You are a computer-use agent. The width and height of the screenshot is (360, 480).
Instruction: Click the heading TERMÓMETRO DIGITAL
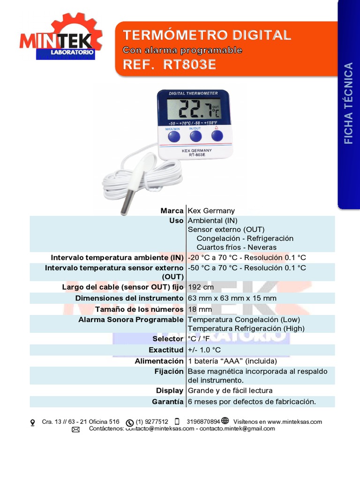pos(207,35)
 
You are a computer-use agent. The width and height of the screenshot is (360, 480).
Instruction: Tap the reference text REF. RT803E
pos(169,65)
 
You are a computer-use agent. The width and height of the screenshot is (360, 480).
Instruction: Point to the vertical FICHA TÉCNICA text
pos(348,103)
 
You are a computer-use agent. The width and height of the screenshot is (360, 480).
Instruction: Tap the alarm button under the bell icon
pos(217,136)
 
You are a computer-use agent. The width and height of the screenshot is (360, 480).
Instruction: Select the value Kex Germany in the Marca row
pos(211,211)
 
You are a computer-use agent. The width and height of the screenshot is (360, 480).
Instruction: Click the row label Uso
pos(176,221)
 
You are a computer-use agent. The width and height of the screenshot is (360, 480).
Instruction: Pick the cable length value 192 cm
pos(201,287)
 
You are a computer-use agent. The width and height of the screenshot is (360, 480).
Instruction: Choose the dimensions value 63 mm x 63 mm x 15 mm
pos(232,298)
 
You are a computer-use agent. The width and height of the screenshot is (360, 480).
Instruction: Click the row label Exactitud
pos(165,350)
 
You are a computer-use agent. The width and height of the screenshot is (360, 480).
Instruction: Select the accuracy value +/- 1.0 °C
pos(204,350)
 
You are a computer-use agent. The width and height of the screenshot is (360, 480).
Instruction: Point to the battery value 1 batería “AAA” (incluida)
pos(232,361)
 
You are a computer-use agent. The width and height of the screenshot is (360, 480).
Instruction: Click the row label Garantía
pos(167,402)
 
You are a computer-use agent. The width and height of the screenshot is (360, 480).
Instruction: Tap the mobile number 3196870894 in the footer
pos(203,422)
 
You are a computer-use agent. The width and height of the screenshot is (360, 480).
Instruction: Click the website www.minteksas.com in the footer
pos(294,422)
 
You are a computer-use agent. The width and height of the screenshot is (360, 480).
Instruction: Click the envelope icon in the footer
pos(75,429)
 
